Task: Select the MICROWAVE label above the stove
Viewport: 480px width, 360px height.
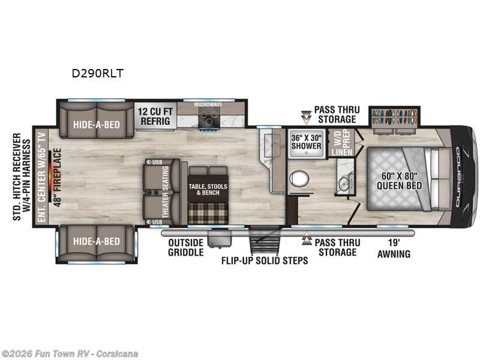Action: (208, 104)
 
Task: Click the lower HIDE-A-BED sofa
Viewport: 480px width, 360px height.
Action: (97, 241)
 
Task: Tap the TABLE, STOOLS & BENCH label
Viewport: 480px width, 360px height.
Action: (208, 191)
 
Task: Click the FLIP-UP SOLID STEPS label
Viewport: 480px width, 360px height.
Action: (264, 260)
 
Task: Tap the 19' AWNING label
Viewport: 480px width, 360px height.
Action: (394, 249)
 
